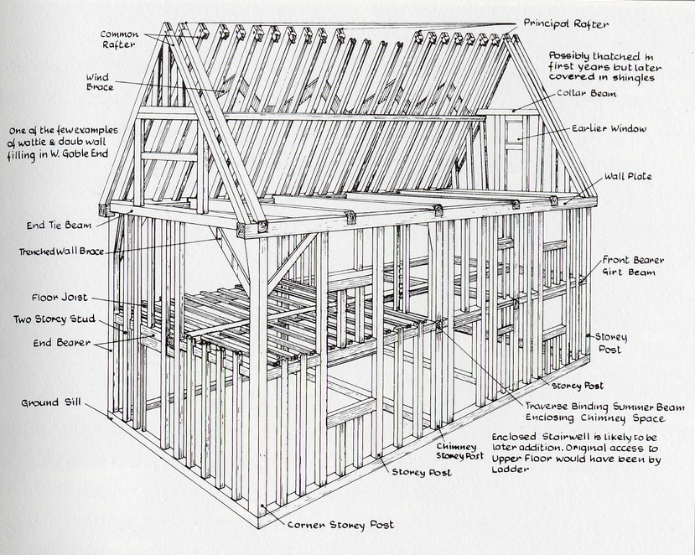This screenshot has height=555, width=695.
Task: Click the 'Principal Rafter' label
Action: click(566, 23)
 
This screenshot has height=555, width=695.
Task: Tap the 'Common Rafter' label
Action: click(119, 39)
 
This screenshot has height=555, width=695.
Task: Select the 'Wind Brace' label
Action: click(100, 82)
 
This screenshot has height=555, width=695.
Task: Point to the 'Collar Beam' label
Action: click(586, 94)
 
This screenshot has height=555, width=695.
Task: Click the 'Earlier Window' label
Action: click(609, 128)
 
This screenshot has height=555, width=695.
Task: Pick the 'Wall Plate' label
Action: click(628, 176)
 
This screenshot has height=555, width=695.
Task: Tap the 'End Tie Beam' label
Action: click(59, 226)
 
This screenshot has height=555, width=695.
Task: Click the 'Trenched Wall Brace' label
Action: click(61, 252)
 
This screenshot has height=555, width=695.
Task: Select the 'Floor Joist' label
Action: click(60, 298)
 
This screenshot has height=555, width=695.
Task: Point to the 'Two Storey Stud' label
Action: click(54, 319)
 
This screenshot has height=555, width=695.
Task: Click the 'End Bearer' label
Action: click(61, 343)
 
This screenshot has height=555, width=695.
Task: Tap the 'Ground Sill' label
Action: click(51, 402)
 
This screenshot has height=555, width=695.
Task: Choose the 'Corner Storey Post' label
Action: click(340, 525)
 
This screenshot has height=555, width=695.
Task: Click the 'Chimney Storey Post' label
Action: click(459, 451)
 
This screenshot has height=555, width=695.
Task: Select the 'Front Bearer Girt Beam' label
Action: click(633, 266)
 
